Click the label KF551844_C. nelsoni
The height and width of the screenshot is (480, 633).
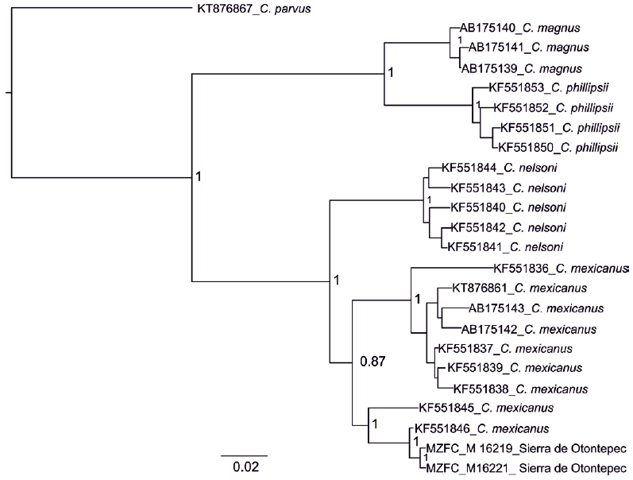488,168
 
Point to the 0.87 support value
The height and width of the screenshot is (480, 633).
373,362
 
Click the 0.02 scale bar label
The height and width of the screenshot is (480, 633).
243,467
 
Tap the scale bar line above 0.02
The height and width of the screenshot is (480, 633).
243,455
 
